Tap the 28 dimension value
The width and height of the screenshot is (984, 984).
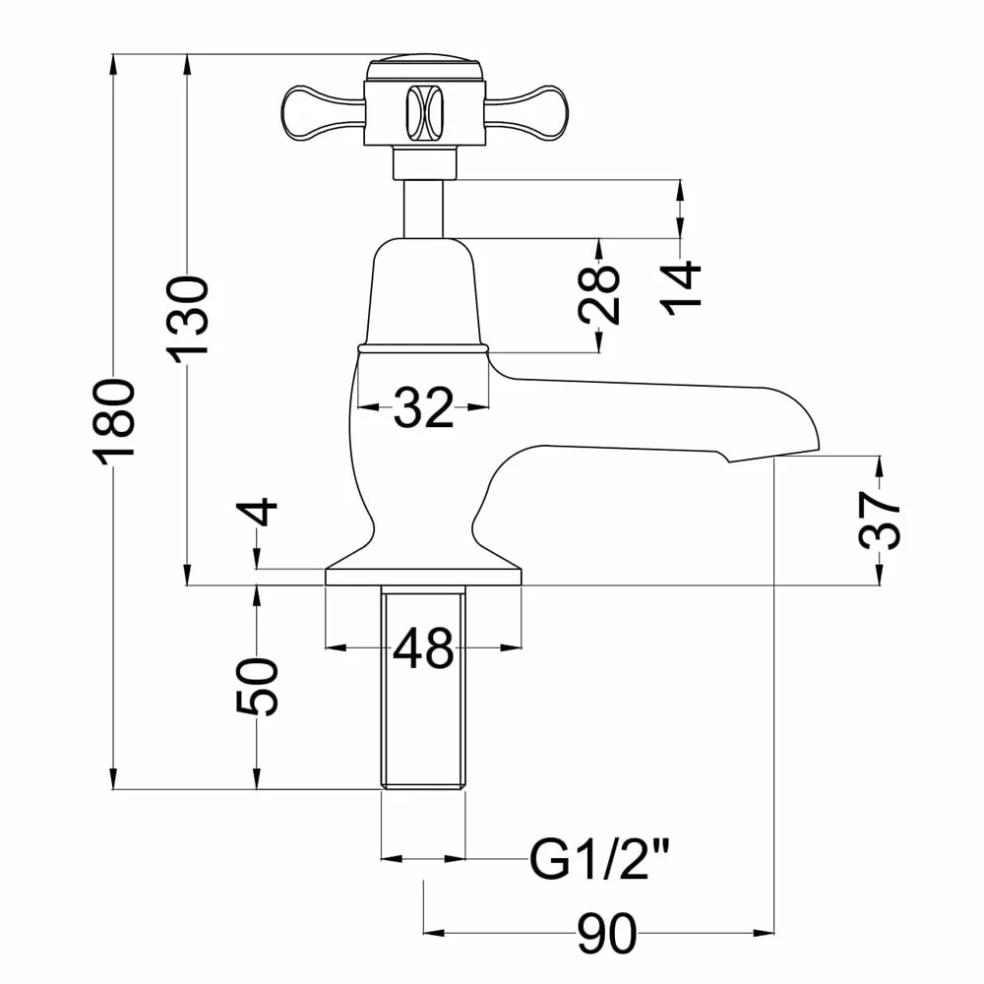[600, 294]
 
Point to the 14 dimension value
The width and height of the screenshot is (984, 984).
[680, 288]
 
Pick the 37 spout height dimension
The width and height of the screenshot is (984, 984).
[879, 521]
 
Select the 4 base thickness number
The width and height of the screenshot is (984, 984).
[257, 511]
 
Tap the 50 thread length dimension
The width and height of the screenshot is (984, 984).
[257, 685]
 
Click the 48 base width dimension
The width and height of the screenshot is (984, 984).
[423, 647]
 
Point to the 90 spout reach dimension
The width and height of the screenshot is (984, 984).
[607, 934]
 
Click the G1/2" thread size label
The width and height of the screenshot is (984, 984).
[600, 859]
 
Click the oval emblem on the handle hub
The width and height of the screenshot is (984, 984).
[424, 112]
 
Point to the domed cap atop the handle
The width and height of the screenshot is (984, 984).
[424, 65]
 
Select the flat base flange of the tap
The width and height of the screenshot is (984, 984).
[423, 578]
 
